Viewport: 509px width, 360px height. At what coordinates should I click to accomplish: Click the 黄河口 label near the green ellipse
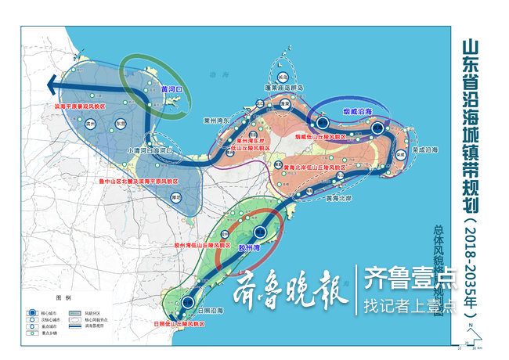pos(171,90)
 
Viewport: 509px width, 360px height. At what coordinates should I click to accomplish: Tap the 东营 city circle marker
pos(121,124)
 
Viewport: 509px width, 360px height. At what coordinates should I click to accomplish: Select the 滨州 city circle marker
pos(90,124)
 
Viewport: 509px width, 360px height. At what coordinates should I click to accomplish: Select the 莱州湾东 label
pos(215,121)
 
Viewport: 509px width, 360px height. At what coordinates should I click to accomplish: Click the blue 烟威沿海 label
pos(358,112)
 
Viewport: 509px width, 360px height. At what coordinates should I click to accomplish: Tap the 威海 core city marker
pos(377,128)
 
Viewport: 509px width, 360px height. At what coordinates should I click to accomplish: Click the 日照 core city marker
pos(189,302)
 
